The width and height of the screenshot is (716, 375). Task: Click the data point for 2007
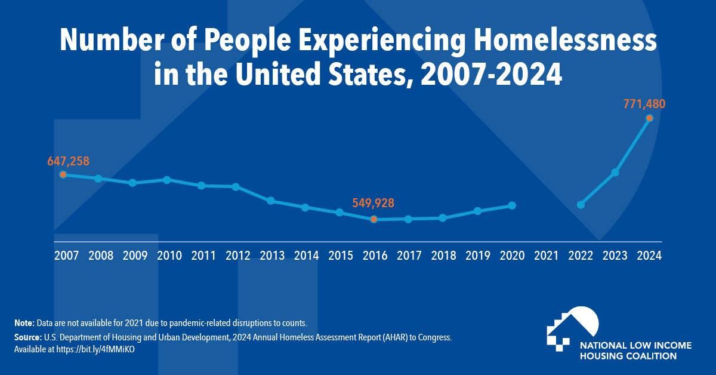pos(63,174)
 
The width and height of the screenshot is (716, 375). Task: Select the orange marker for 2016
pos(374,219)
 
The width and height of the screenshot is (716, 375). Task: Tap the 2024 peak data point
pos(649,118)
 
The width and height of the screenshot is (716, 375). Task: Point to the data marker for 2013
pos(270,201)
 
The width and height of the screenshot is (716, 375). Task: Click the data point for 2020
pos(511,205)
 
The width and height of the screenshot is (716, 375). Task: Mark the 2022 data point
pos(581,205)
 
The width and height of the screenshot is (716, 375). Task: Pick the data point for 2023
pos(615,173)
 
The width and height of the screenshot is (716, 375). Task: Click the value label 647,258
pos(68,161)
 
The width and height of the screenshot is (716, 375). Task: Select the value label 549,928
pos(373,203)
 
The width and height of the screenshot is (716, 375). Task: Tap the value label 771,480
pos(643,104)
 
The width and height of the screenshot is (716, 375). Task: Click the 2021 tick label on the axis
pos(546,256)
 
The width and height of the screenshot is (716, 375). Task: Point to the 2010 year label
pos(169,256)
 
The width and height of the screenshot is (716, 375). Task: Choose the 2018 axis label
pos(443,256)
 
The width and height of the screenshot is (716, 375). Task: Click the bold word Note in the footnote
pos(24,322)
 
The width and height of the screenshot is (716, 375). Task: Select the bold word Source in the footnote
pos(28,337)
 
